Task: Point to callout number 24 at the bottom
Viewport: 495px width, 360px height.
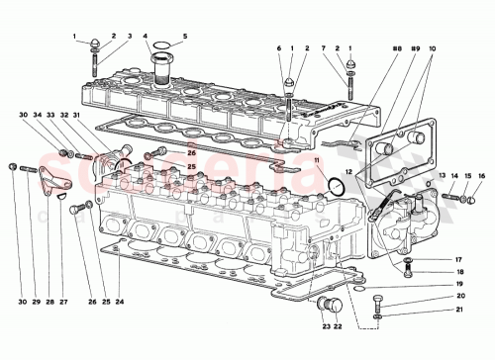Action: (x=119, y=302)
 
